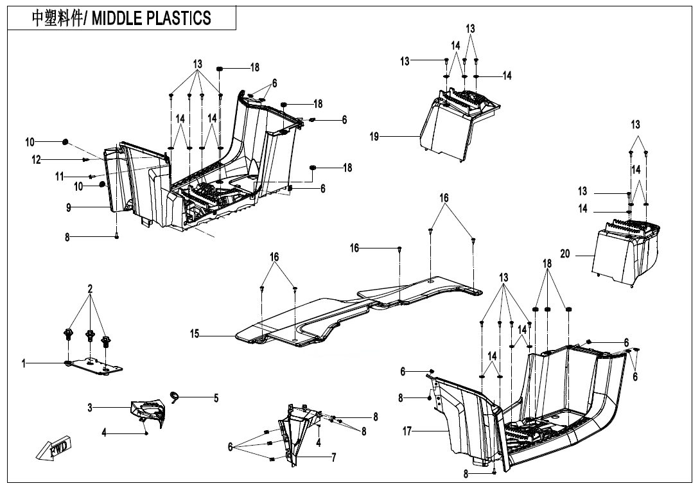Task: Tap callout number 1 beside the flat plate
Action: pos(24,364)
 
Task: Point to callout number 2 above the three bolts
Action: pos(91,290)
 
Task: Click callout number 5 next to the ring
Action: pos(216,399)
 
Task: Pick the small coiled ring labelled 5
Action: pos(174,395)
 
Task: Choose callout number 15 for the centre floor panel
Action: pos(194,334)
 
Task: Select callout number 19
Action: pos(374,137)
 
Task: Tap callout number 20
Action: pos(565,254)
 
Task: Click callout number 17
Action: pos(407,431)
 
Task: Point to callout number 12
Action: pos(37,159)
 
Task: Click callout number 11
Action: pos(59,176)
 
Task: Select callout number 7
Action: pos(334,457)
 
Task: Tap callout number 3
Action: pos(91,407)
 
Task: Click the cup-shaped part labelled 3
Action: pos(149,411)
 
